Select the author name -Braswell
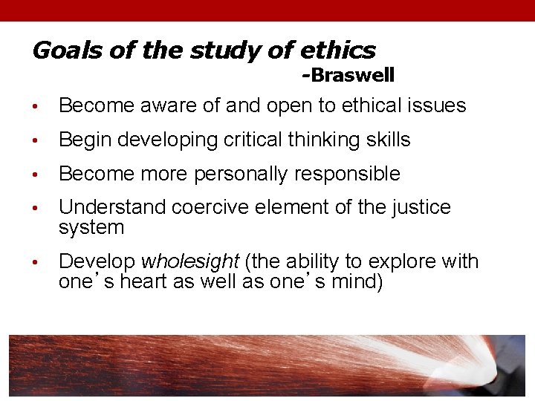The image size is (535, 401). (348, 75)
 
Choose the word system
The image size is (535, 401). (91, 227)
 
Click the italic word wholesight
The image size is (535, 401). (189, 262)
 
